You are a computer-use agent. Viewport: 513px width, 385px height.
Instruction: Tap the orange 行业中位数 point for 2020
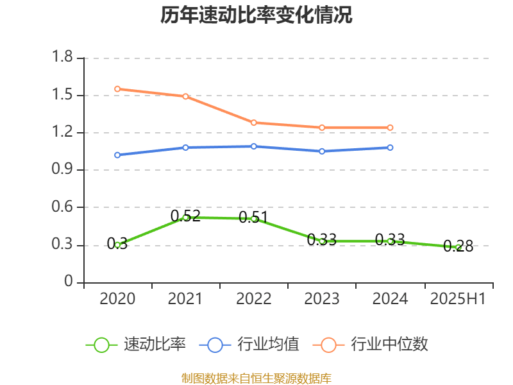[x=117, y=89]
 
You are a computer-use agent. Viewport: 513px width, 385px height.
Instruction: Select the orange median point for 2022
[x=254, y=123]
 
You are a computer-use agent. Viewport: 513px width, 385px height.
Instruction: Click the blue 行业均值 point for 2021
[x=185, y=148]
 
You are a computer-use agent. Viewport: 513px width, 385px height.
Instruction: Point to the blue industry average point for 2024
[x=390, y=148]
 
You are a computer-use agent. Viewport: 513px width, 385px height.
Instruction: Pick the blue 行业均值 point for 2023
[x=322, y=151]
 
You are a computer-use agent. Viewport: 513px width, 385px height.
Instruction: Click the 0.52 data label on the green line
[x=185, y=216]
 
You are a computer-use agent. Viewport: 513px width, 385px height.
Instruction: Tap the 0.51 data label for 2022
[x=253, y=217]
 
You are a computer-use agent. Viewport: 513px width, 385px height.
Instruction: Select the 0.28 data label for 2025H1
[x=458, y=246]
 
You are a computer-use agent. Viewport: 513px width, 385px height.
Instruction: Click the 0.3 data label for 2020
[x=117, y=244]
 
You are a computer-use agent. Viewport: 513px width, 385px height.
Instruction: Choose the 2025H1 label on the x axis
[x=458, y=299]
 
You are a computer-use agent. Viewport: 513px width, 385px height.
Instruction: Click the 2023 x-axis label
[x=322, y=299]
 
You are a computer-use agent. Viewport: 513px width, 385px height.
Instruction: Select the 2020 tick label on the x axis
[x=117, y=299]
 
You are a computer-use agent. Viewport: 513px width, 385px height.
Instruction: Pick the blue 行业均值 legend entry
[x=249, y=345]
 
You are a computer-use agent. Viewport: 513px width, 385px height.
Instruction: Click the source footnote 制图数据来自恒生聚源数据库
[x=256, y=378]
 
